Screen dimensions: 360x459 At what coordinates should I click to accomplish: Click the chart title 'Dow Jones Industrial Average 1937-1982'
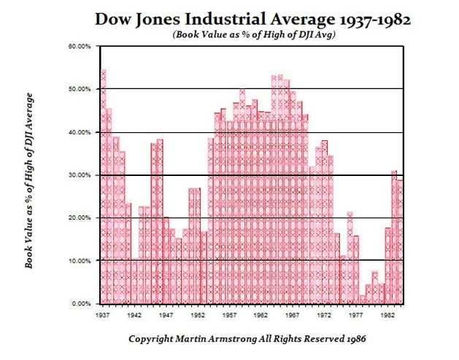252,20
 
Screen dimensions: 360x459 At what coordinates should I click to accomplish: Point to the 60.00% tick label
79,46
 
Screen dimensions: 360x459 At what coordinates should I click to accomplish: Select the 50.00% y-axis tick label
79,89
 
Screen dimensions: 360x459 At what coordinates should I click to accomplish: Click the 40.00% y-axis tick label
79,132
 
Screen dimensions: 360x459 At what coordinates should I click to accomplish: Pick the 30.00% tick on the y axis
79,175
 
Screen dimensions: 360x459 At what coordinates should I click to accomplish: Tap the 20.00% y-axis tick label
79,218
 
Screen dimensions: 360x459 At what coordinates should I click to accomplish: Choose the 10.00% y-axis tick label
79,261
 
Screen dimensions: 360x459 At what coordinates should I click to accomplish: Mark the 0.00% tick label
80,304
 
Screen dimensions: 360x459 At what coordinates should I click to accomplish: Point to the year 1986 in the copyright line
353,340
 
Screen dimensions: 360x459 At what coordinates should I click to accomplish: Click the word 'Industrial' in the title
215,20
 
